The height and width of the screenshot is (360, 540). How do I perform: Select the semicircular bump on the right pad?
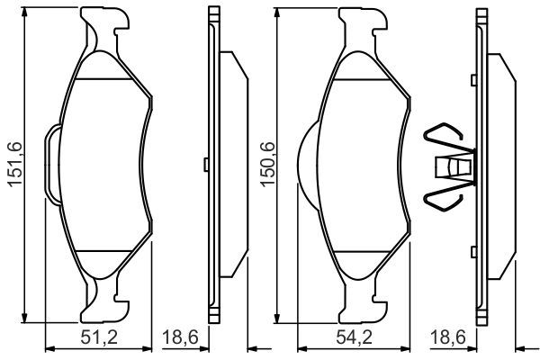306,161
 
